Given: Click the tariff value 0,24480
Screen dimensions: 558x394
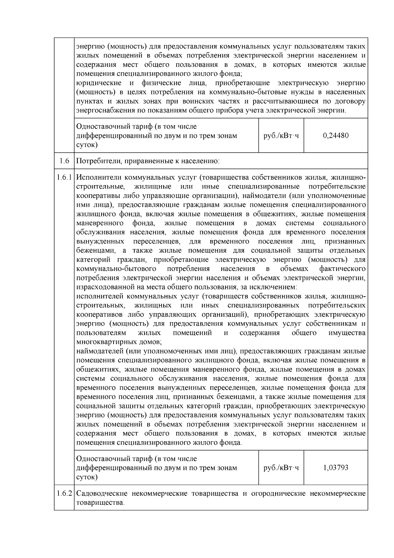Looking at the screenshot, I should tap(336, 135).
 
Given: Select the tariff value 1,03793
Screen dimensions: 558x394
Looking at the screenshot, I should tap(336, 468).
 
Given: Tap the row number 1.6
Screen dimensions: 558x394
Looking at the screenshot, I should tap(64, 161).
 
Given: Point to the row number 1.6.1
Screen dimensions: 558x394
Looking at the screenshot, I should tap(64, 178).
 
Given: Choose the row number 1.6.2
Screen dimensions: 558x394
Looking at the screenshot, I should tap(64, 494).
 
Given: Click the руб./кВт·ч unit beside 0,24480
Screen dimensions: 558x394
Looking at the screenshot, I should tap(281, 135).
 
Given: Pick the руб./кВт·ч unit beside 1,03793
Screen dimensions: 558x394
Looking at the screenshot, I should tap(281, 468).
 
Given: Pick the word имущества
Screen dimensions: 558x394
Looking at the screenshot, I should tap(347, 333).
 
